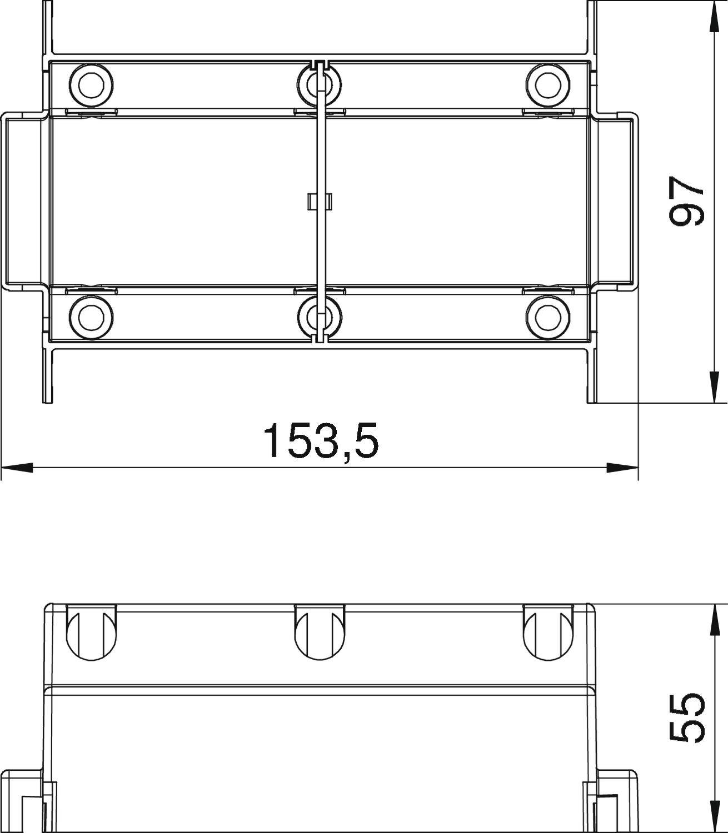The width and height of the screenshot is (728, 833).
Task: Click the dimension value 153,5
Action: click(321, 440)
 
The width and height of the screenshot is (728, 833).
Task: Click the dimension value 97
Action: click(686, 202)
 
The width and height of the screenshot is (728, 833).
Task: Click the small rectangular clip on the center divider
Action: click(319, 202)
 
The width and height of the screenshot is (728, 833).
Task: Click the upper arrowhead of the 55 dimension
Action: click(713, 619)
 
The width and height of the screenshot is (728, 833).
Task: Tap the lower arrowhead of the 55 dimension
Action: click(713, 816)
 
